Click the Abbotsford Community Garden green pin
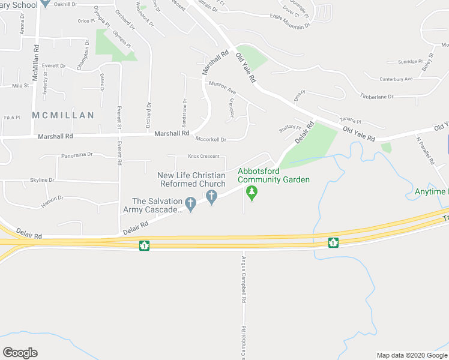tap(252, 193)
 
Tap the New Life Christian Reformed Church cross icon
tap(211, 196)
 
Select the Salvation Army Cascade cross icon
tap(191, 205)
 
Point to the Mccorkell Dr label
tap(211, 139)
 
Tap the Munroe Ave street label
tap(222, 88)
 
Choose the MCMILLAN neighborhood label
tap(63, 115)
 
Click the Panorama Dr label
tap(77, 154)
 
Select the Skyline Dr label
tap(42, 180)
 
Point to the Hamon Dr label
tap(52, 198)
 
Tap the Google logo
tap(20, 352)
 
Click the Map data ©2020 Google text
tap(411, 355)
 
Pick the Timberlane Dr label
tap(376, 96)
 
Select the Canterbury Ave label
tap(396, 79)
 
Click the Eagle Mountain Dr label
tap(289, 21)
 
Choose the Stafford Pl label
tap(289, 128)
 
